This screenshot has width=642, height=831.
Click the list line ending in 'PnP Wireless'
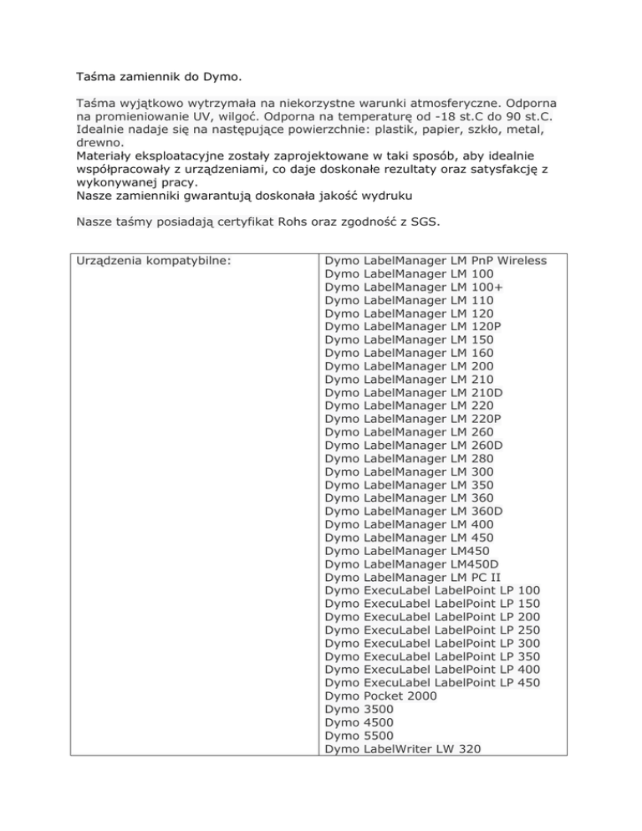click(436, 260)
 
